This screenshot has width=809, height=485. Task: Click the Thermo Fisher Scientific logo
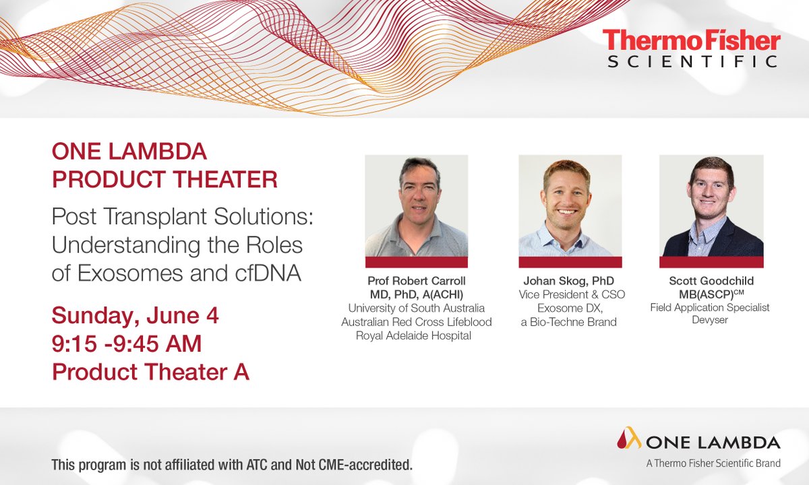(691, 48)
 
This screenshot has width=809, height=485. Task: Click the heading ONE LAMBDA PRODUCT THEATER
(164, 166)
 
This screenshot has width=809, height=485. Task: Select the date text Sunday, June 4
(136, 315)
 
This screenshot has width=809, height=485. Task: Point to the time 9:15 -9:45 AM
(127, 344)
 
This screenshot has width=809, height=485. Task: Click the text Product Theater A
(150, 372)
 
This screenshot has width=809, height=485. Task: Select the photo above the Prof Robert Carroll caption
(416, 206)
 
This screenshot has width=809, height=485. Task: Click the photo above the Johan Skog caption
(570, 206)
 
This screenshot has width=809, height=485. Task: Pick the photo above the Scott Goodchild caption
(711, 206)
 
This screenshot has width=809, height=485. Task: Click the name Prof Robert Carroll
(416, 281)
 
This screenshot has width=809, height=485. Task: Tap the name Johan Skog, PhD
(570, 281)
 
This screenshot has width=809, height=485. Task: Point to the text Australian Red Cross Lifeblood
(416, 322)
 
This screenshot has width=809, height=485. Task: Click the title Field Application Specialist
(710, 307)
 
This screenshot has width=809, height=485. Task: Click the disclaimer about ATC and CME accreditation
(232, 465)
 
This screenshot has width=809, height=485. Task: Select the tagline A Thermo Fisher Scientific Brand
(713, 463)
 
